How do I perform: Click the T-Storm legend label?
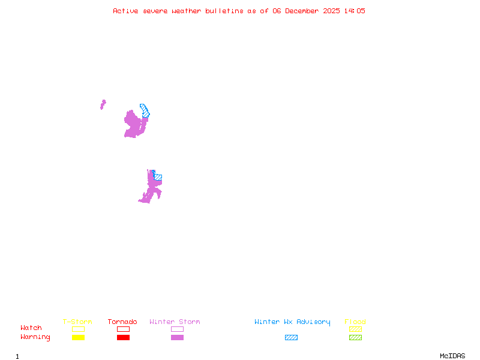pyautogui.click(x=77, y=322)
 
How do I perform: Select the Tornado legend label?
pyautogui.click(x=122, y=322)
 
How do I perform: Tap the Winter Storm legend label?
pyautogui.click(x=175, y=322)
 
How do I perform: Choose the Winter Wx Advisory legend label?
pyautogui.click(x=292, y=322)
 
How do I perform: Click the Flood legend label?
pyautogui.click(x=355, y=322)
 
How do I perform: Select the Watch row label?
pyautogui.click(x=31, y=328)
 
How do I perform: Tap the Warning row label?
pyautogui.click(x=35, y=337)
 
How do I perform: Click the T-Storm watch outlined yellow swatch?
pyautogui.click(x=78, y=329)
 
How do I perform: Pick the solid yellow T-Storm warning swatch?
pyautogui.click(x=78, y=337)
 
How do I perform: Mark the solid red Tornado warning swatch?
pyautogui.click(x=123, y=337)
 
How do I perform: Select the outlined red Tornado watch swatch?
pyautogui.click(x=123, y=329)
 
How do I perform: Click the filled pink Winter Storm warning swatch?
pyautogui.click(x=177, y=337)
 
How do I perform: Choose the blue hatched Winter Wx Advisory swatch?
pyautogui.click(x=291, y=337)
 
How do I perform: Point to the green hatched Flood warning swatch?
pyautogui.click(x=355, y=337)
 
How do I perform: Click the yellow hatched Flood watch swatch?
pyautogui.click(x=355, y=329)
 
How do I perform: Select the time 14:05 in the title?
pyautogui.click(x=355, y=11)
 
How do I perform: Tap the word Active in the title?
pyautogui.click(x=125, y=11)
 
